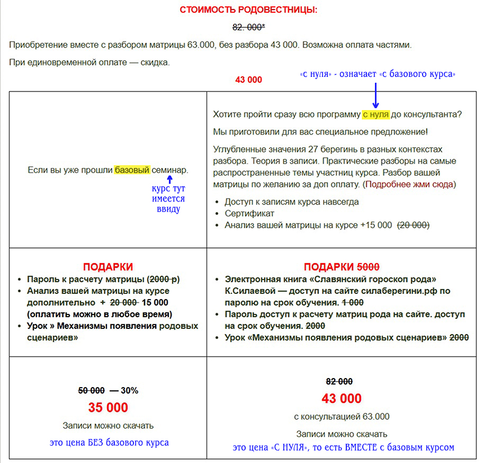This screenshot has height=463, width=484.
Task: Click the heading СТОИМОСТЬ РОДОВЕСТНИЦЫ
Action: [x=248, y=10]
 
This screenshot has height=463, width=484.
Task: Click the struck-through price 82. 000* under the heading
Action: [x=248, y=28]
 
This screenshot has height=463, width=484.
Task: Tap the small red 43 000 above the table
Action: [x=248, y=80]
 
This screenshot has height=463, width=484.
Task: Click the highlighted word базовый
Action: [x=132, y=170]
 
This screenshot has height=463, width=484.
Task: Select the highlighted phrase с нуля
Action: [x=375, y=114]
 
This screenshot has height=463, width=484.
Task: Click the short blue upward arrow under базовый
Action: [x=169, y=180]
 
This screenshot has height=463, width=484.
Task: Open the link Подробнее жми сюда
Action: [x=409, y=185]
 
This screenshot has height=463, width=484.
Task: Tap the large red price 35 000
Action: [x=108, y=407]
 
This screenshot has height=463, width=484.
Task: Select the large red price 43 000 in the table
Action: [x=342, y=398]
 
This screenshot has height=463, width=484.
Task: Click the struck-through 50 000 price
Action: [x=91, y=390]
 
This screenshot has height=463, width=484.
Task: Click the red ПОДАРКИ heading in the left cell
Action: [x=108, y=267]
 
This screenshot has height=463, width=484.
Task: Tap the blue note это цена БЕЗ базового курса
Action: [x=109, y=442]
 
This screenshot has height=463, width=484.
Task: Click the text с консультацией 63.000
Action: [x=342, y=416]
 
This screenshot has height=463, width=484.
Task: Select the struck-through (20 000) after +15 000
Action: [x=413, y=225]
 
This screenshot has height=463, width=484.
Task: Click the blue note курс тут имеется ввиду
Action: [x=168, y=199]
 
